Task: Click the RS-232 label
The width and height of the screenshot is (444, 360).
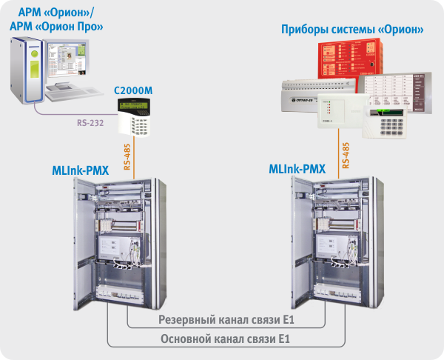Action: coord(91,121)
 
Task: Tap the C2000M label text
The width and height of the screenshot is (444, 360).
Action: coord(132,90)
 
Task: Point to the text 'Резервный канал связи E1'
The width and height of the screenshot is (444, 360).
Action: coord(226,321)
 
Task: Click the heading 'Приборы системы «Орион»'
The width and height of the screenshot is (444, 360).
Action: coord(352,30)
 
